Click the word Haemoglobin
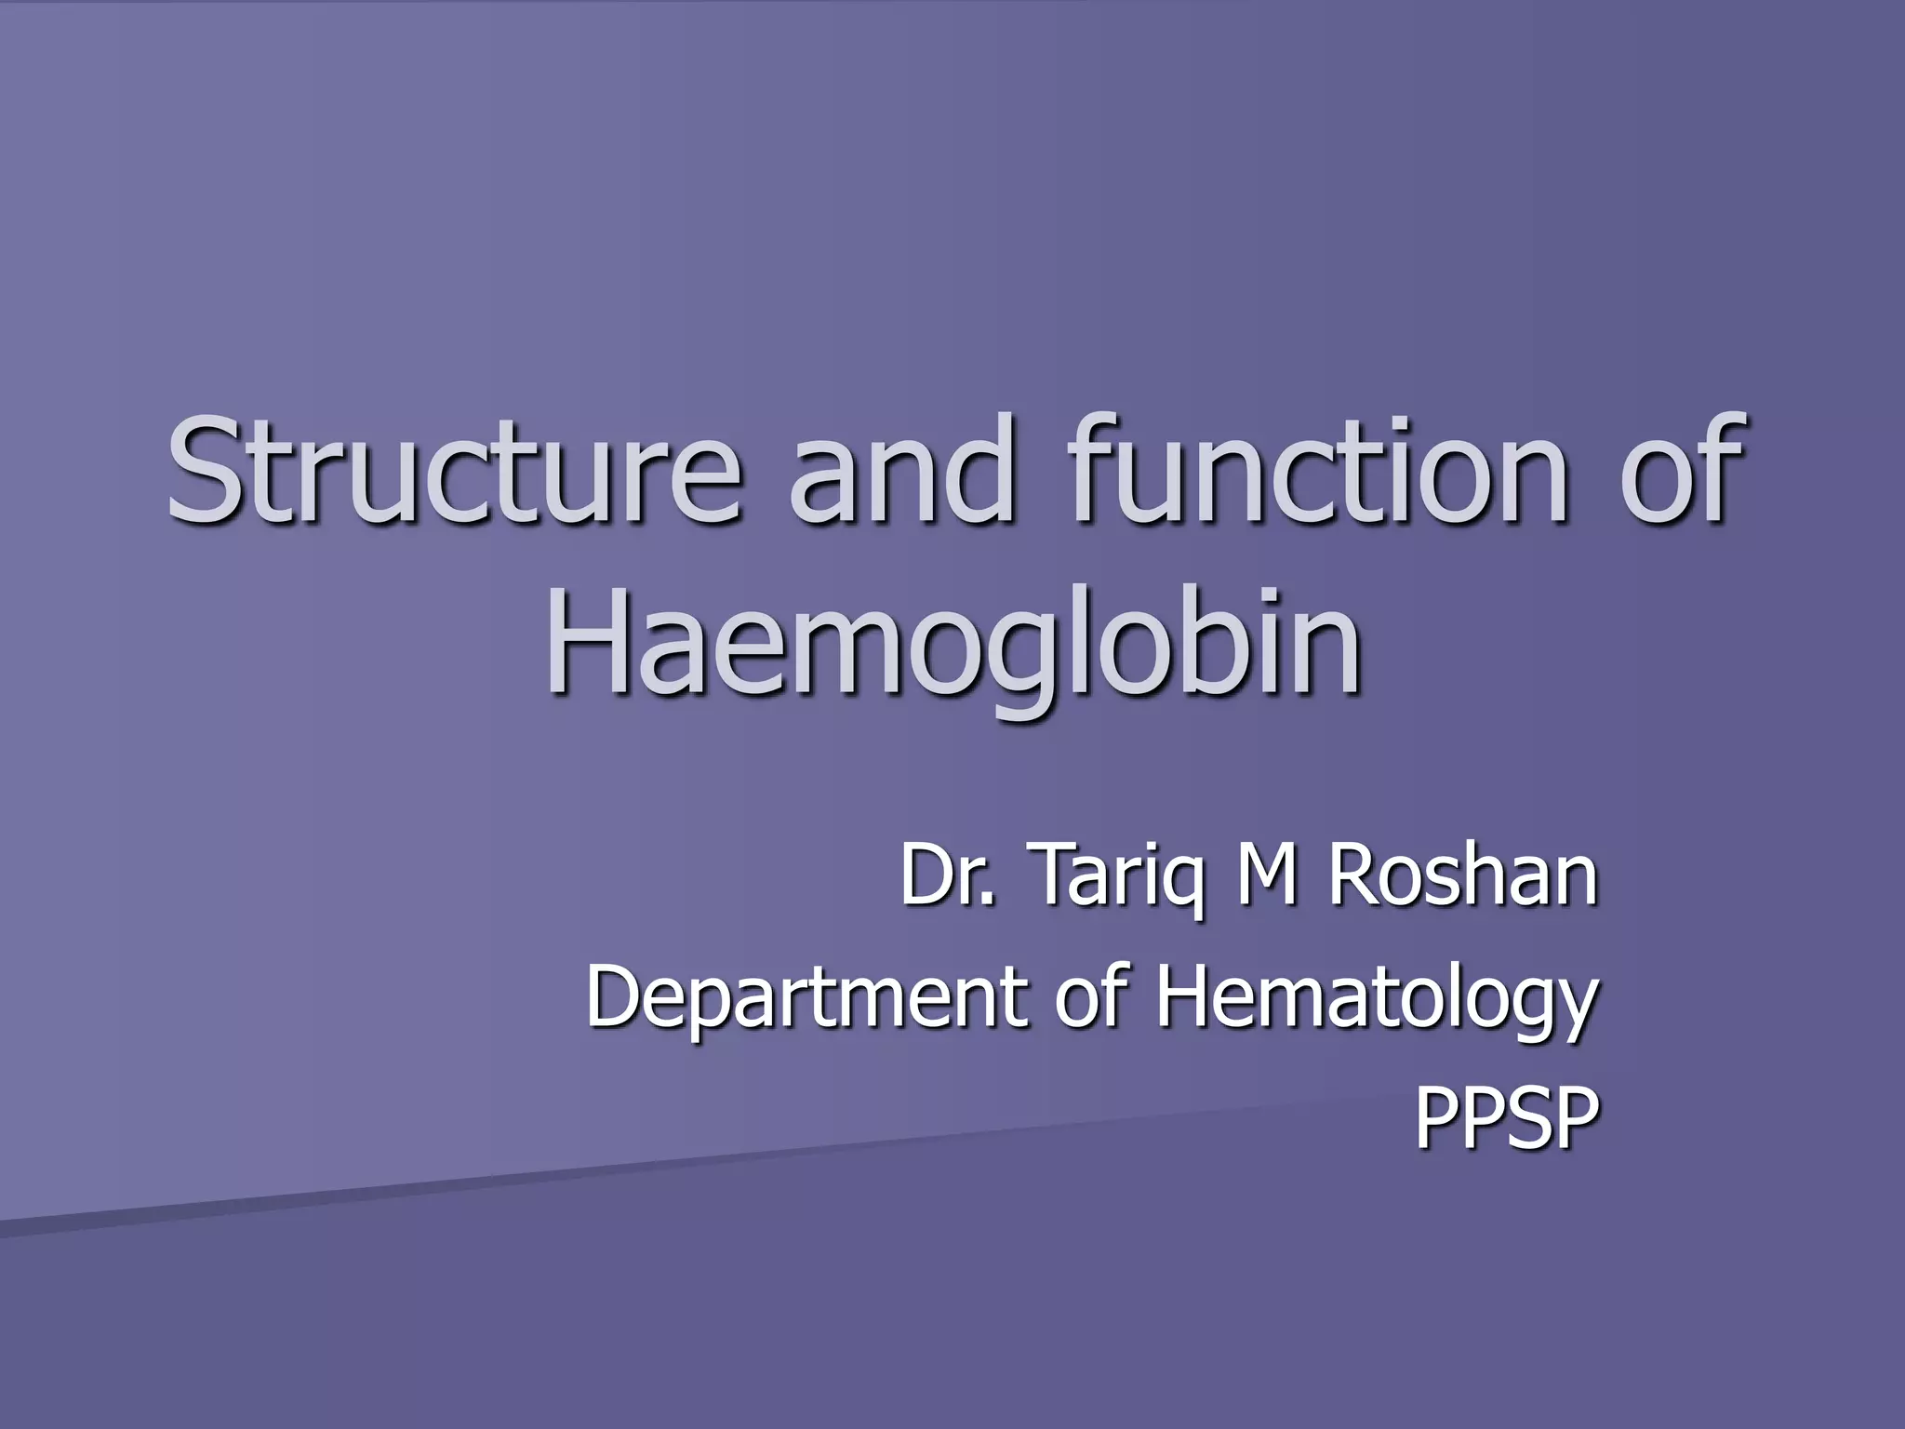tap(954, 642)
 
